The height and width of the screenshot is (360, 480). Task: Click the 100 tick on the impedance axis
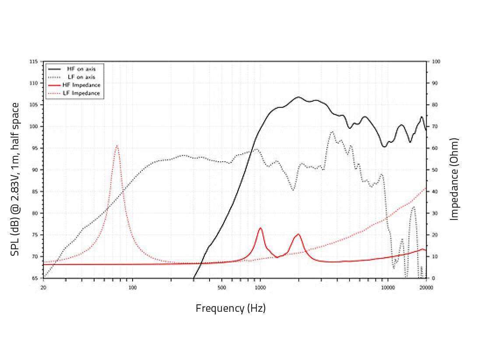(x=436, y=61)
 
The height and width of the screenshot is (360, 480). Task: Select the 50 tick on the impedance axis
(x=435, y=170)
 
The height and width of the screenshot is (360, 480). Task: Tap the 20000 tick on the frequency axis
(x=426, y=287)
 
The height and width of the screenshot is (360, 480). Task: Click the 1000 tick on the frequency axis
(x=260, y=287)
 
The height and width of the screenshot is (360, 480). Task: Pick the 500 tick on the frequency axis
(x=222, y=287)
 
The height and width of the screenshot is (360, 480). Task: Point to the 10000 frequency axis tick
(x=387, y=287)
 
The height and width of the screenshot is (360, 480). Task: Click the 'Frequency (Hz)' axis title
(x=231, y=308)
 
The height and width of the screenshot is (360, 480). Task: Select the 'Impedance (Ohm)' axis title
(x=455, y=180)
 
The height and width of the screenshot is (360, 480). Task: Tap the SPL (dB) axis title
(x=15, y=180)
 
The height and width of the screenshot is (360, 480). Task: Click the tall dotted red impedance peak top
(x=117, y=146)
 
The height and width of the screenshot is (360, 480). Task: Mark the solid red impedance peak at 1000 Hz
(x=260, y=228)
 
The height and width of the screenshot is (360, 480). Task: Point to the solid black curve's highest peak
(x=298, y=97)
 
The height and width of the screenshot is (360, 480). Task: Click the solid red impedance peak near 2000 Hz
(x=298, y=234)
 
